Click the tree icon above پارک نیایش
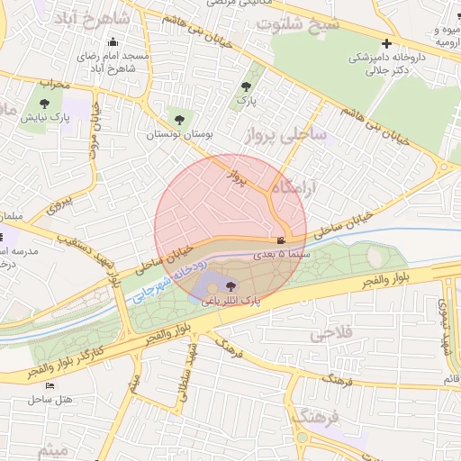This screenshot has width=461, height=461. [46, 103]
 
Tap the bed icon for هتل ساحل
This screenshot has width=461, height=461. [74, 384]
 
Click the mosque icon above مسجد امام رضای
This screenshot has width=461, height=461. [113, 42]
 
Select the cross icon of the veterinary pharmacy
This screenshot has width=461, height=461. [386, 43]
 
